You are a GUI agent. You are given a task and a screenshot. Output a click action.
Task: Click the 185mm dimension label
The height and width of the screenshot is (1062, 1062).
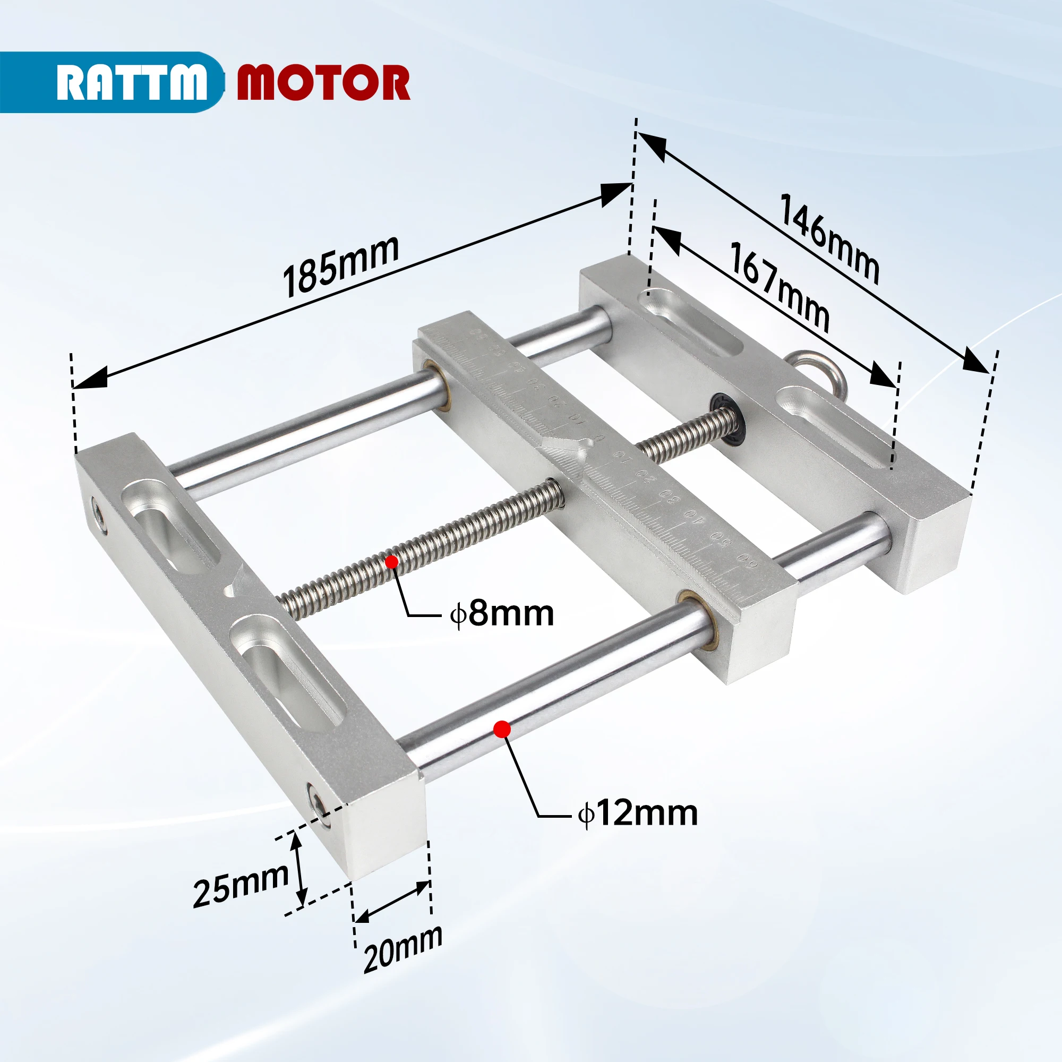341,267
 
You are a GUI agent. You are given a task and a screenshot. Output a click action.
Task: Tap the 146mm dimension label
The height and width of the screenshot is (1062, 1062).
829,239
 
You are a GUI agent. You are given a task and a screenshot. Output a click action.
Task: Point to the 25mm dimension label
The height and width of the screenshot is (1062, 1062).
241,885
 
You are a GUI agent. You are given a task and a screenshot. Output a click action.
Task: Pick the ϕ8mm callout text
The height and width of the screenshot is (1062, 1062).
501,614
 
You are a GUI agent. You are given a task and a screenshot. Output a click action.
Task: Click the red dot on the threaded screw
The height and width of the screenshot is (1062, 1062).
392,562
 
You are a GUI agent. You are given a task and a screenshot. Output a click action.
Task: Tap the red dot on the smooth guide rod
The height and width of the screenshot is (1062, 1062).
502,730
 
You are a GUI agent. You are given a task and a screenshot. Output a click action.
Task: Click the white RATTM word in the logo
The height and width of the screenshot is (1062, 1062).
132,82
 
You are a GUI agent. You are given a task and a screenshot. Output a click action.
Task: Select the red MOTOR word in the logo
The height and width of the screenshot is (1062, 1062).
323,82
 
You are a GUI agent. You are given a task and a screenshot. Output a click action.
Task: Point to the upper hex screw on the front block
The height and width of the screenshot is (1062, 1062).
99,515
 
